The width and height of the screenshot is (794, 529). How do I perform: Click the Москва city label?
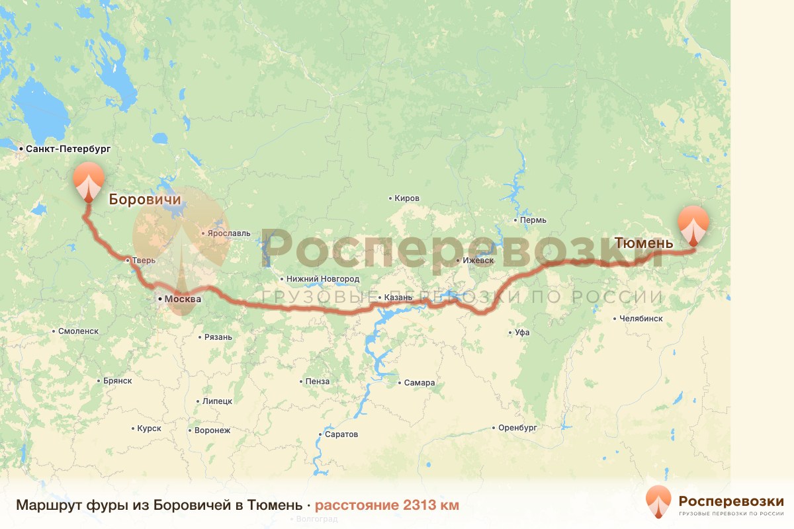pyautogui.click(x=183, y=299)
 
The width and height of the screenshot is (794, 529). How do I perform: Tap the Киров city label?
pyautogui.click(x=406, y=198)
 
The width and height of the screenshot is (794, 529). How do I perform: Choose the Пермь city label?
pyautogui.click(x=533, y=220)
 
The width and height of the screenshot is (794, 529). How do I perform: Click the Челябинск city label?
pyautogui.click(x=641, y=318)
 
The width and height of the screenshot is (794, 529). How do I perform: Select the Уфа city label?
pyautogui.click(x=522, y=333)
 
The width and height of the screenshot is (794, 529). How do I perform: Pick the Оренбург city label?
pyautogui.click(x=517, y=428)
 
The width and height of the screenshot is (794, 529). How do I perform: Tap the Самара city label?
pyautogui.click(x=420, y=383)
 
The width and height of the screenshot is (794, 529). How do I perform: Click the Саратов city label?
pyautogui.click(x=341, y=434)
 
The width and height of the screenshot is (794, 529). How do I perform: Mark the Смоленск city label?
pyautogui.click(x=77, y=331)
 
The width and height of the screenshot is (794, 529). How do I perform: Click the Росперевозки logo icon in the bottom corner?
pyautogui.click(x=658, y=501)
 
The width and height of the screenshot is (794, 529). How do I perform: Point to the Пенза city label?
pyautogui.click(x=318, y=382)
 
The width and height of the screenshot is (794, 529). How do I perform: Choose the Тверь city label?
pyautogui.click(x=144, y=261)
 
